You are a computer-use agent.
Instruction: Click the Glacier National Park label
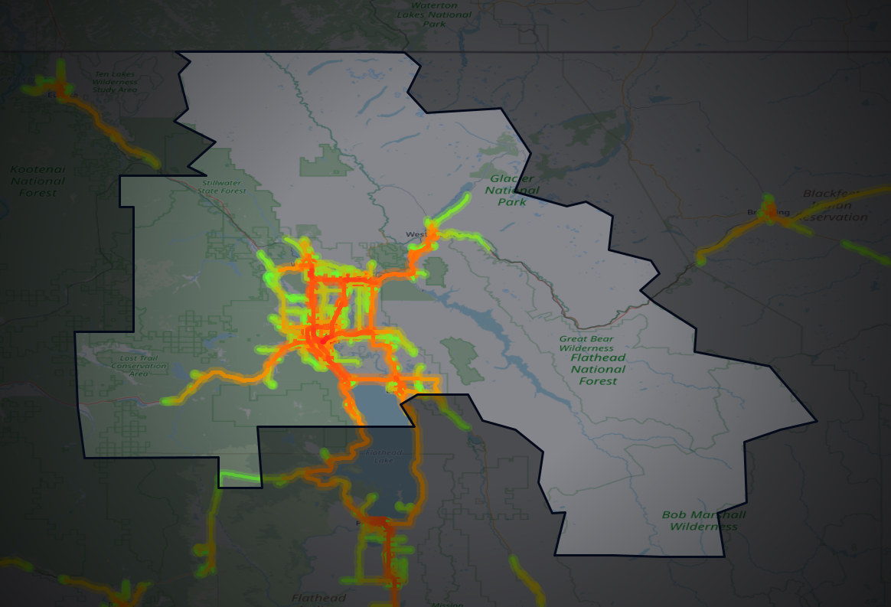512,190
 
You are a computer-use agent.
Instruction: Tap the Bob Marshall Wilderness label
703,521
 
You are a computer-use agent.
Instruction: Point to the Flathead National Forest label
598,369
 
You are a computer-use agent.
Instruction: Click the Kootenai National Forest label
38,181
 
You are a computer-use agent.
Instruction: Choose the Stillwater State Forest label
224,187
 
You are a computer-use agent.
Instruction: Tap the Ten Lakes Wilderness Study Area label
115,82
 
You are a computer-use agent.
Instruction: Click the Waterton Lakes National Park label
434,14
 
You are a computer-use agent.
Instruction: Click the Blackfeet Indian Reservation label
836,205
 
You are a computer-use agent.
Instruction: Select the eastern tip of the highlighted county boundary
816,420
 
